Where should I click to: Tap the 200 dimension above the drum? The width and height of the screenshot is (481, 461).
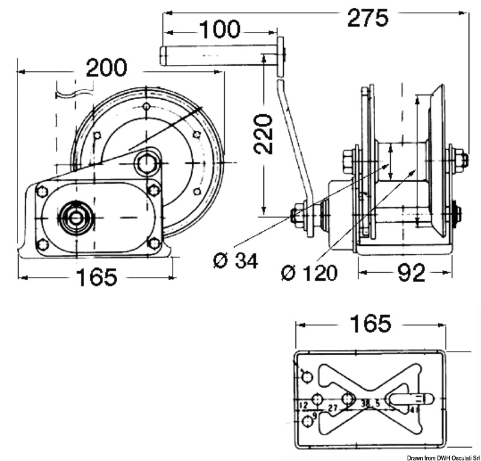point(106,69)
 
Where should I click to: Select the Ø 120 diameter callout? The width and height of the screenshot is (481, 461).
point(310,272)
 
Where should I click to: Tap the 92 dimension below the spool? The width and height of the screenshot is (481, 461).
point(411,272)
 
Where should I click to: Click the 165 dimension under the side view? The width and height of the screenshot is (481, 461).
point(96,277)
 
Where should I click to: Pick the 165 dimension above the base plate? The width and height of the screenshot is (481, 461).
point(370,323)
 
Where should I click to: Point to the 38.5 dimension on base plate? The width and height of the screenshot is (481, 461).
point(369,403)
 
